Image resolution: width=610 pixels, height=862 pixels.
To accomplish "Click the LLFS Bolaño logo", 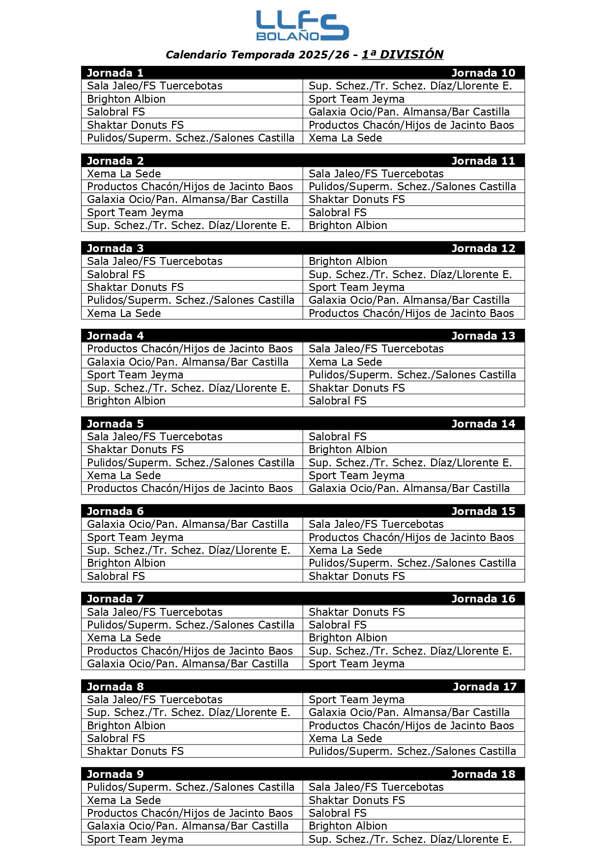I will coord(302,26).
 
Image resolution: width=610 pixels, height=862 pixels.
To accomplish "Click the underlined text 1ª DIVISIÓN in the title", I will coord(403,55).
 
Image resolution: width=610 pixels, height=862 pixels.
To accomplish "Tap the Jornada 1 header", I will coord(115,73).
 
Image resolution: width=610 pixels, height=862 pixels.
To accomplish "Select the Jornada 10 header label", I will coord(483,73).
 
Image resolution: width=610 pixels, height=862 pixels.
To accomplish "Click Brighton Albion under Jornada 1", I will coord(126,99).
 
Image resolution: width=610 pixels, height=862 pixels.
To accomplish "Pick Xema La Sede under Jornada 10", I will coord(345,138).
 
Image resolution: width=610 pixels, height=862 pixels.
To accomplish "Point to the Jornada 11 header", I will coord(483,161).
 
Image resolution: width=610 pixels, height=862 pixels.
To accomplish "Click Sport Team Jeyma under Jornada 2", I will coord(135,213).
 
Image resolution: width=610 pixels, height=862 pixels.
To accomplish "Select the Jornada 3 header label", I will coord(115,249).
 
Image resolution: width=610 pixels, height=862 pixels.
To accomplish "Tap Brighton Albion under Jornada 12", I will coord(348,261).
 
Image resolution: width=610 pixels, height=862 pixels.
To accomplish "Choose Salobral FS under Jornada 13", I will coord(337,401).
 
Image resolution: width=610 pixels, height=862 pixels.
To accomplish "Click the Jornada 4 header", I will coord(115,336).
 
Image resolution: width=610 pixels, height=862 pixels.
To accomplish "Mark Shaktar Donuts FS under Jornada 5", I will coord(135,450).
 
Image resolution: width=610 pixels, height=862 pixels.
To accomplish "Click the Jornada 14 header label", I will coord(483,424).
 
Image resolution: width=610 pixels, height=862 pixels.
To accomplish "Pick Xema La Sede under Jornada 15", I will coord(345,550).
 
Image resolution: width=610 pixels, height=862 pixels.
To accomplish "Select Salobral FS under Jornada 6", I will coord(116,576).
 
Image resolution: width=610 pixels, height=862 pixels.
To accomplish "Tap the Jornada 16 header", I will coord(483,599).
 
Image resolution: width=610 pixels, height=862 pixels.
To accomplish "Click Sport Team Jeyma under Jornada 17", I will coord(356,700).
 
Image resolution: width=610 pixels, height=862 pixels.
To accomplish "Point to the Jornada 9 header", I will coord(115,775).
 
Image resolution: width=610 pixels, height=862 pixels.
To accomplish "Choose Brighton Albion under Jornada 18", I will coord(348,826).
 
